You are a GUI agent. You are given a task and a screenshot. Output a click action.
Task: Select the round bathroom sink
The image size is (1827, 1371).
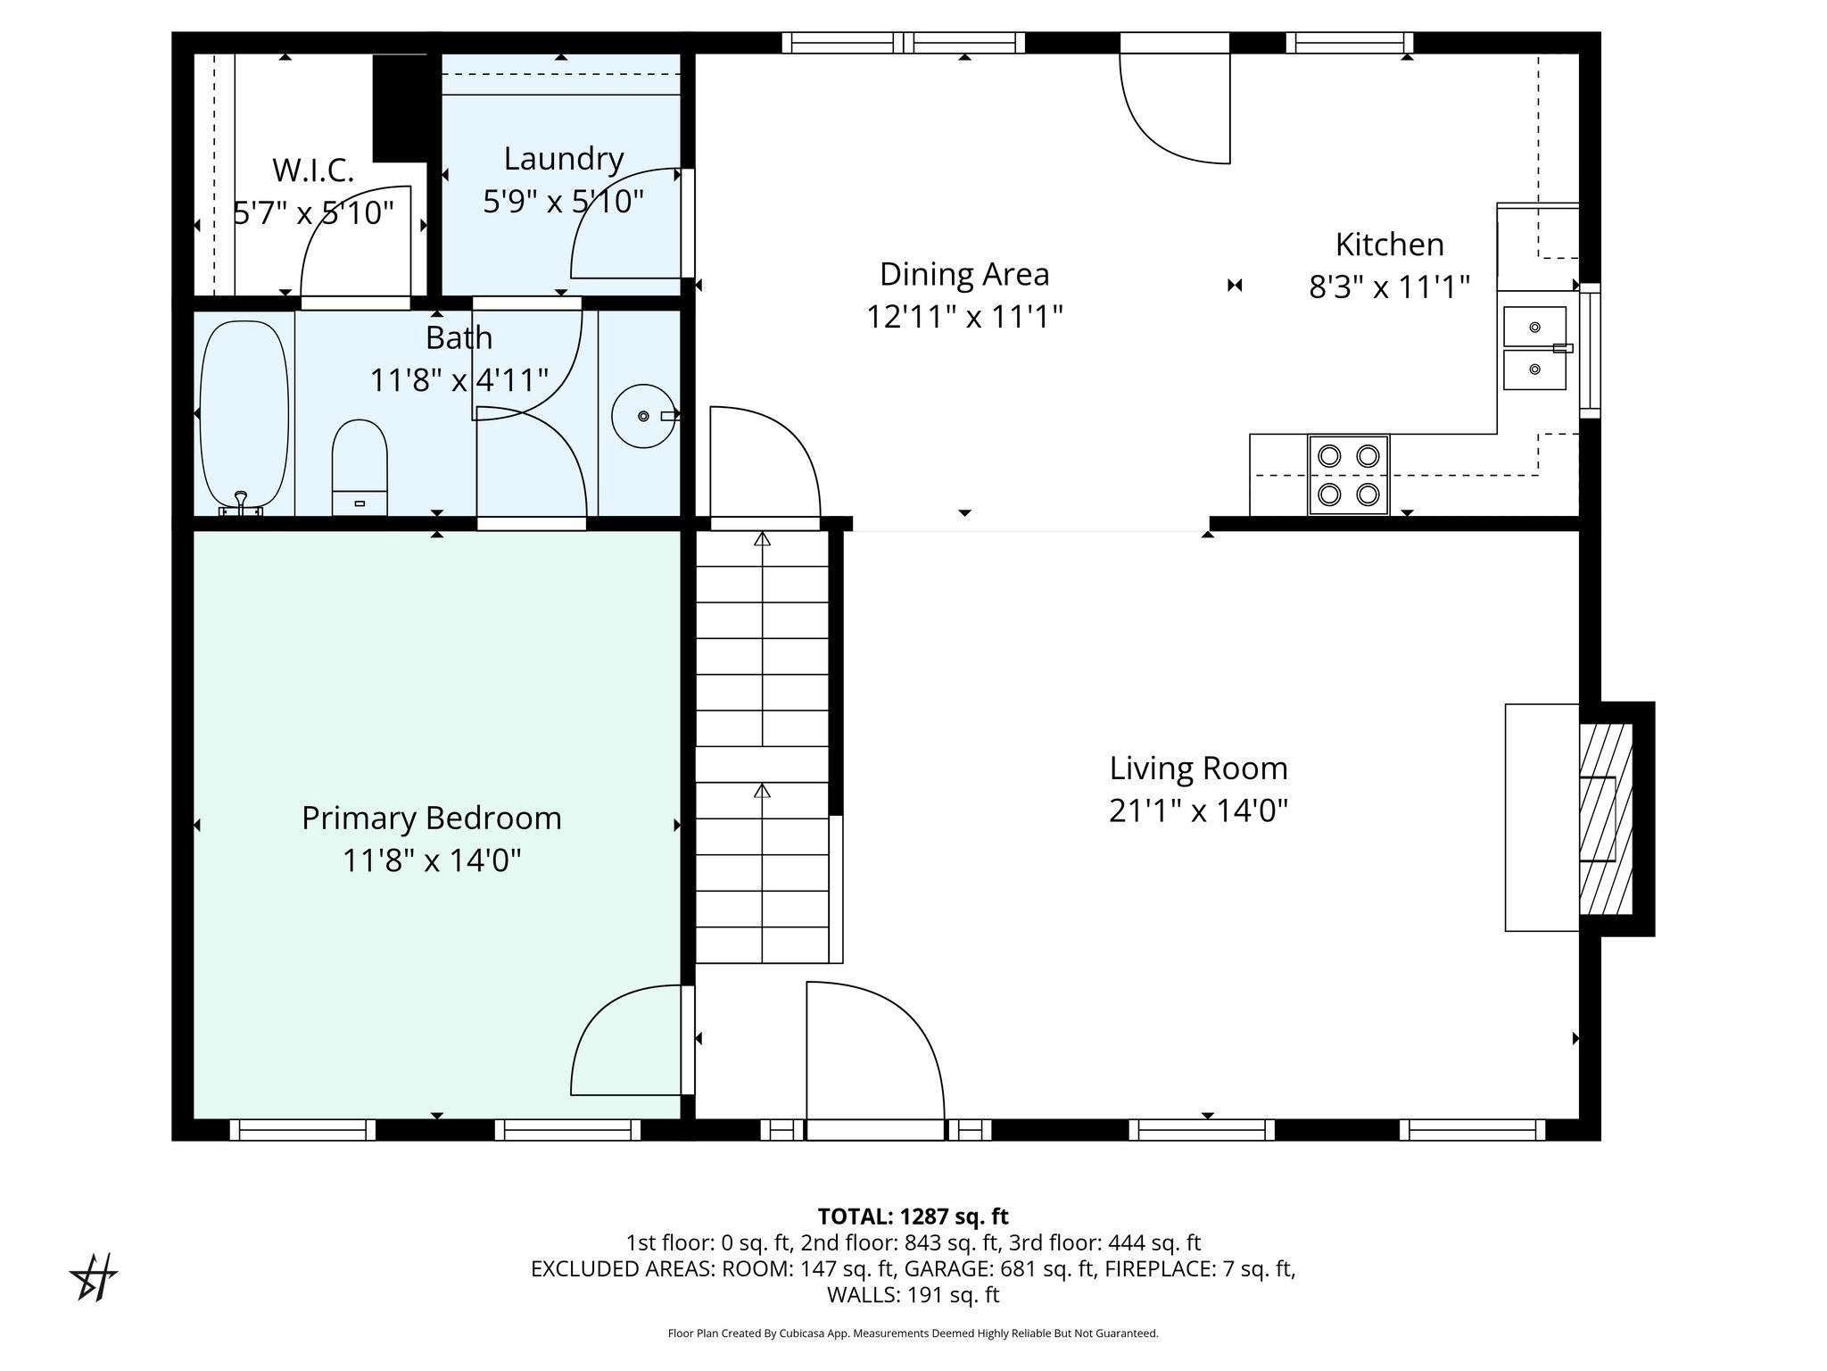coord(642,416)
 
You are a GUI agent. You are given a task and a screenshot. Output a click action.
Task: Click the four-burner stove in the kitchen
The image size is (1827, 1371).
coord(1348,475)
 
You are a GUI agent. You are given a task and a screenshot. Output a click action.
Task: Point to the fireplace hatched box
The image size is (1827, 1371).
coord(1606,818)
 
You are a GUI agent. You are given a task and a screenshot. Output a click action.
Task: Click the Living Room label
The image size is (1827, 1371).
coord(1198,769)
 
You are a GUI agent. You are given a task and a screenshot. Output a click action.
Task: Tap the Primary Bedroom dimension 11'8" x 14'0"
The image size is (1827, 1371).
coord(432,860)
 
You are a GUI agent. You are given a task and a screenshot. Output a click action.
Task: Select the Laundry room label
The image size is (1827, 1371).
coord(563,159)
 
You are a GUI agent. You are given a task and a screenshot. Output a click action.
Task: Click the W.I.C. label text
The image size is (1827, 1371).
coord(312,170)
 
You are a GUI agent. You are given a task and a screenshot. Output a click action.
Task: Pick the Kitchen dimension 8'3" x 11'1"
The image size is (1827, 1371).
coord(1388,287)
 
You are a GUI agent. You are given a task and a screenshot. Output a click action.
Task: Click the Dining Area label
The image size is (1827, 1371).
coord(963,274)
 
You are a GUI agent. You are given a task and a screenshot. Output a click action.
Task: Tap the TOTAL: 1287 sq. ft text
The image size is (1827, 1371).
coord(913,1216)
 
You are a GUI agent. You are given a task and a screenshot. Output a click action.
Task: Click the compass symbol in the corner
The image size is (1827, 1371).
coord(94,1277)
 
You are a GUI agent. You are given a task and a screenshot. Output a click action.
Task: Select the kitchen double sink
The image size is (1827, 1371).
coord(1534,348)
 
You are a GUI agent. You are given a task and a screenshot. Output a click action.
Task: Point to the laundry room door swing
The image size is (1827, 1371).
coord(626,223)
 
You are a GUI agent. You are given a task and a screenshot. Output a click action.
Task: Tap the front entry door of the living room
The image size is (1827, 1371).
coord(874,1053)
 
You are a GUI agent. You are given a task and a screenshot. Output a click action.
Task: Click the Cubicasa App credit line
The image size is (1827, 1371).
coord(913,1334)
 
